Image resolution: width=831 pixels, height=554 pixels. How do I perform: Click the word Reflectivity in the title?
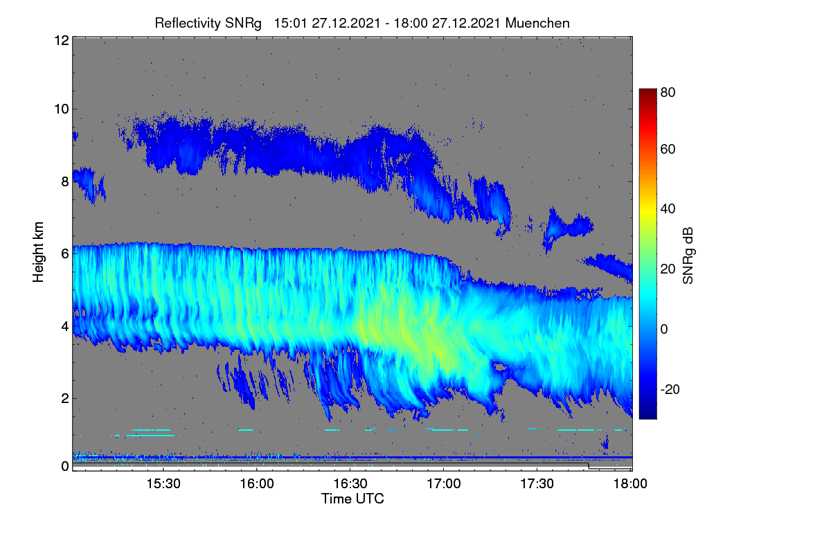[x=188, y=24]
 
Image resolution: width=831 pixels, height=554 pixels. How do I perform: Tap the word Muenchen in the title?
[x=537, y=24]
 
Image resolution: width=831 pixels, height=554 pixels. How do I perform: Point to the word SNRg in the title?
[x=243, y=24]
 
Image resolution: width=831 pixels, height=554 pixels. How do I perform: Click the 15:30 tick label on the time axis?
[x=163, y=483]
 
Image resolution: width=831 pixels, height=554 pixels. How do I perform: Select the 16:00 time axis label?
[x=257, y=483]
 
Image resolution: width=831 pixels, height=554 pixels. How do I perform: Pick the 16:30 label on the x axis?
[x=350, y=483]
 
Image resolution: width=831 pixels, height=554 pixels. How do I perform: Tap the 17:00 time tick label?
[x=444, y=483]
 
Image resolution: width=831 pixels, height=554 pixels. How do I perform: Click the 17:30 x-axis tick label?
[x=537, y=483]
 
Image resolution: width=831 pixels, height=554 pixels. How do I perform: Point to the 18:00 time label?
[x=630, y=483]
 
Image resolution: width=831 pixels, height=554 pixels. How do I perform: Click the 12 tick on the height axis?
[x=62, y=40]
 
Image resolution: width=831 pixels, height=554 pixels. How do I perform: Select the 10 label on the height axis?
[x=62, y=109]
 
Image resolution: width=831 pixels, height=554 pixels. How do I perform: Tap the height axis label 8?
[x=65, y=182]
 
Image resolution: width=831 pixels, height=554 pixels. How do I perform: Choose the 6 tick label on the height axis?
[x=65, y=254]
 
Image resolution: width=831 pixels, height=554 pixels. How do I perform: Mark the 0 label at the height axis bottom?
[x=65, y=467]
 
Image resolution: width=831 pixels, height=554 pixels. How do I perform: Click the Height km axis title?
[x=38, y=252]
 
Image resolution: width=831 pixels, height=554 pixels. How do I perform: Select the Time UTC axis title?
[x=352, y=499]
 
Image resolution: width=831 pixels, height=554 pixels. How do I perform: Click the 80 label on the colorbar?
[x=668, y=92]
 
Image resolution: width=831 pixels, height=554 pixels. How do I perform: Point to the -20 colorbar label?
[x=670, y=389]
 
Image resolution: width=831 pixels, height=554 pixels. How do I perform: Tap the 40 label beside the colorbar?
[x=668, y=209]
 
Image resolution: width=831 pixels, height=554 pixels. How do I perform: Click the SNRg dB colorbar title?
[x=688, y=256]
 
